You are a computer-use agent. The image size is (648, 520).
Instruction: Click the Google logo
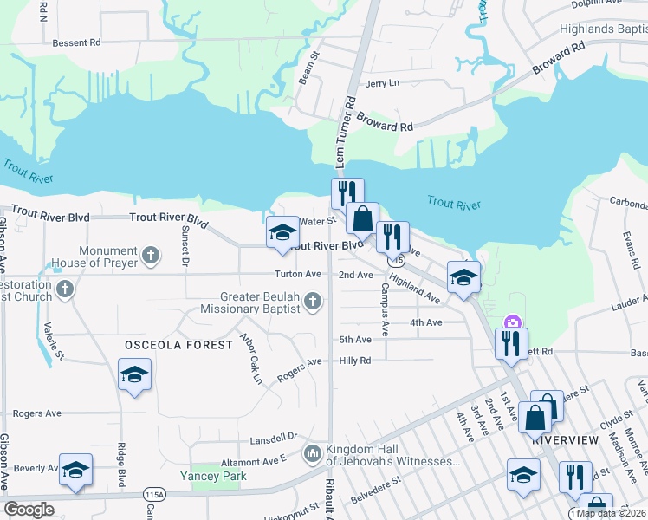tap(29, 510)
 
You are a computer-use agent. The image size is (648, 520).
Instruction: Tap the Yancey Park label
tap(213, 476)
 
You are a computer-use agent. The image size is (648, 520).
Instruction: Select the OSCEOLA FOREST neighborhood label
tap(179, 345)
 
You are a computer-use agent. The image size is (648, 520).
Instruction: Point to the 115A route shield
tap(154, 494)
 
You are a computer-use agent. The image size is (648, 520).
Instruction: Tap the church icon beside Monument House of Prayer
tap(152, 256)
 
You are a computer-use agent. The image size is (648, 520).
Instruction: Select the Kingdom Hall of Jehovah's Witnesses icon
tap(312, 453)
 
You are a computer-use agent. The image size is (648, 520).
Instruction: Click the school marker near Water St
tap(282, 232)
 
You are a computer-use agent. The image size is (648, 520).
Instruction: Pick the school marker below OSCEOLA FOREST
tap(134, 375)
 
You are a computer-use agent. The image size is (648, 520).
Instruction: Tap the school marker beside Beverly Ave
tap(75, 470)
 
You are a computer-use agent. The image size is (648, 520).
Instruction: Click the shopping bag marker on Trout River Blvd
tap(362, 218)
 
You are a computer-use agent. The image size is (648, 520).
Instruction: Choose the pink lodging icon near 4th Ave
tap(512, 322)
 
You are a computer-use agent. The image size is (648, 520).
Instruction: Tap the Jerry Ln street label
tap(382, 83)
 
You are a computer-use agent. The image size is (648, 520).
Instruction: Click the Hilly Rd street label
tap(355, 361)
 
